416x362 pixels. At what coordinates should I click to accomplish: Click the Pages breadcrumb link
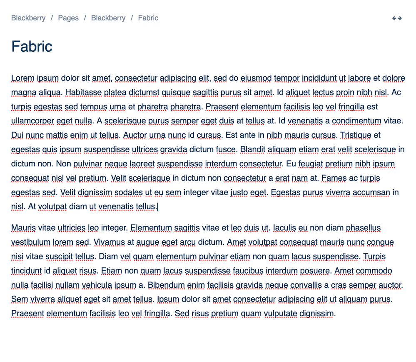tap(68, 18)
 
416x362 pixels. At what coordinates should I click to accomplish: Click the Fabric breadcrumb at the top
tap(148, 18)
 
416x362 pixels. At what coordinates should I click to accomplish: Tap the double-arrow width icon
tap(397, 18)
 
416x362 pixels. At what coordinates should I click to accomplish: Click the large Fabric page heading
tap(32, 46)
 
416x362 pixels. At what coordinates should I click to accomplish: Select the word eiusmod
tap(256, 78)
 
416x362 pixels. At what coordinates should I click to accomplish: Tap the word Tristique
tap(356, 135)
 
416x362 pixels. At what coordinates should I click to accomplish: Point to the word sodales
tap(129, 192)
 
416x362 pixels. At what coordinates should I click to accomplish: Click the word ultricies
tap(72, 228)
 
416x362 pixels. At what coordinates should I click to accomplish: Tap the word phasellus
tap(363, 228)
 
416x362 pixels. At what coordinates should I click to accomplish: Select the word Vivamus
tap(110, 242)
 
